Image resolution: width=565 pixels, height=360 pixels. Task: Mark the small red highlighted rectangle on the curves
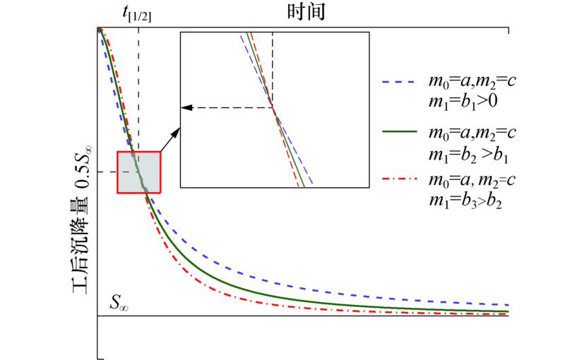(139, 172)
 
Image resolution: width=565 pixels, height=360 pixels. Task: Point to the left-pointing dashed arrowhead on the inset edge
(186, 107)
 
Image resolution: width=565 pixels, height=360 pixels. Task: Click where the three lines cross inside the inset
(273, 107)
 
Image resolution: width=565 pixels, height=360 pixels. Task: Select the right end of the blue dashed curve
(507, 304)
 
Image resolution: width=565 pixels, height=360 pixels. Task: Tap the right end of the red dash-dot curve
(507, 314)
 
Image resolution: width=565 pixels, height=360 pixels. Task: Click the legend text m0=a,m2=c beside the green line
(472, 132)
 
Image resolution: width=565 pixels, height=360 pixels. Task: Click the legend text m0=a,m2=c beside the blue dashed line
(472, 81)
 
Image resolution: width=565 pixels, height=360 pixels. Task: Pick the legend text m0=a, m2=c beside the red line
(472, 181)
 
